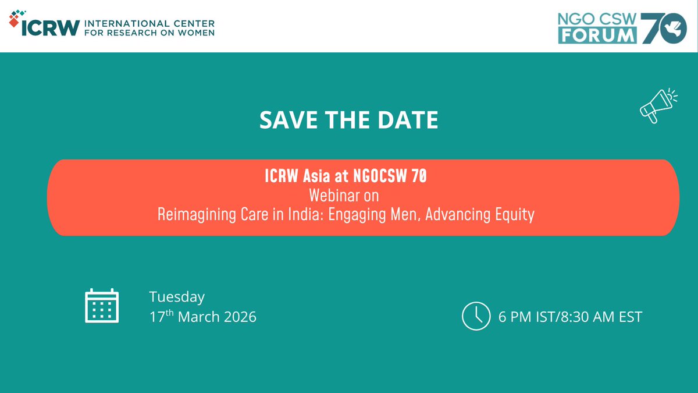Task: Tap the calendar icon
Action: coord(102,306)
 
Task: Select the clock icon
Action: coord(476,316)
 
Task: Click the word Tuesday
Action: coord(177,297)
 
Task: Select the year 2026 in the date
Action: coord(238,317)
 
